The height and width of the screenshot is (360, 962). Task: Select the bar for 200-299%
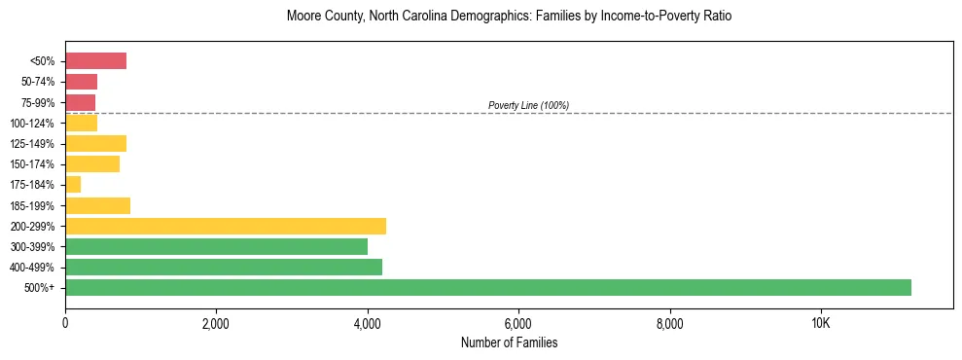(226, 226)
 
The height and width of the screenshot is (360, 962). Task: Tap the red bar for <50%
(95, 61)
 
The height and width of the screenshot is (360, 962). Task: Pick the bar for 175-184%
(73, 184)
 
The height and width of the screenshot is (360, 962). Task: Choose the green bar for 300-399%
(216, 246)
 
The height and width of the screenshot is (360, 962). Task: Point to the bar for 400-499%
(224, 267)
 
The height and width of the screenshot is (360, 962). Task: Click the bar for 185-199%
(97, 205)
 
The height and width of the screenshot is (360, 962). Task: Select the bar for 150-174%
(92, 163)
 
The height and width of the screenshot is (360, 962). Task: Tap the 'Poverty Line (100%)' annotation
(528, 105)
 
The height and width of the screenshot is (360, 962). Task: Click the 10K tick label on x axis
(820, 323)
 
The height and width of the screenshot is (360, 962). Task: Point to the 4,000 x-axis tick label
(367, 323)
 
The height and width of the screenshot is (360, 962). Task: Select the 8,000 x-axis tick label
(669, 323)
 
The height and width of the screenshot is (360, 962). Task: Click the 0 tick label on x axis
(65, 323)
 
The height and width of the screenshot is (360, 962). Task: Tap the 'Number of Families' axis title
(509, 342)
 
